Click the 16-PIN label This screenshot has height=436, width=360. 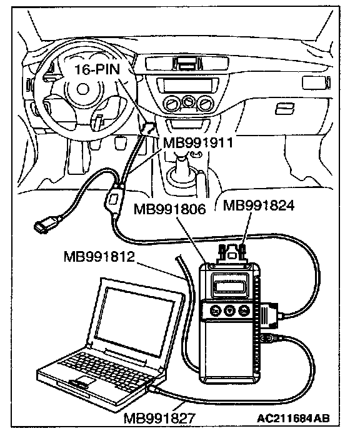[x=97, y=69]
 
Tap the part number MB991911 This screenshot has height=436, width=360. [x=197, y=143]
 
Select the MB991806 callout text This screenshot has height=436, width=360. [x=169, y=209]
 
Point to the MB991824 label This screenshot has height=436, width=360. [x=259, y=206]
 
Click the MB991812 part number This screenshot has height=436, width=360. [x=99, y=257]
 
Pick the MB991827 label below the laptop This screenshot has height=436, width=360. [x=159, y=418]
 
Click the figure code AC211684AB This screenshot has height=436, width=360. [x=293, y=419]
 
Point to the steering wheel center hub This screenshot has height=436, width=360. [x=82, y=89]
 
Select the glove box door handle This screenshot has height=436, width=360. [x=284, y=109]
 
